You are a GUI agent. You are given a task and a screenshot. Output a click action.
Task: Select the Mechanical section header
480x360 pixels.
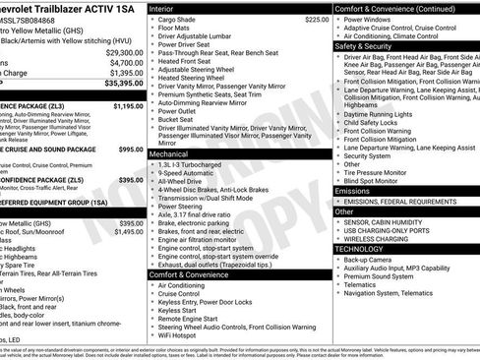pos(174,154)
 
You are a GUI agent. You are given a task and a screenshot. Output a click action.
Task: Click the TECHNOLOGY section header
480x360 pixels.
pos(360,249)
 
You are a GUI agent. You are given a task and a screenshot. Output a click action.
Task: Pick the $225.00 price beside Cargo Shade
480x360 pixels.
pos(316,20)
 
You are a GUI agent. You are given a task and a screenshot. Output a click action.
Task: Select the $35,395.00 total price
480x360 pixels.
pos(123,85)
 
